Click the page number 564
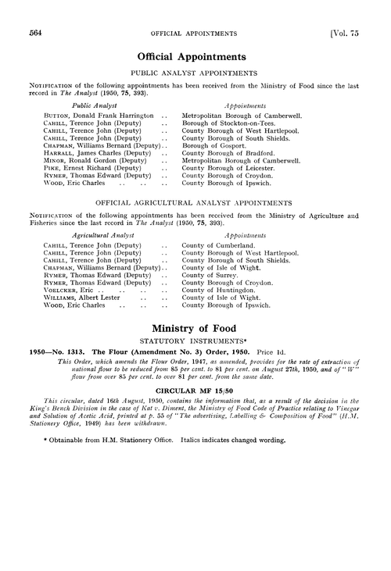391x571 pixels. (34, 33)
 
